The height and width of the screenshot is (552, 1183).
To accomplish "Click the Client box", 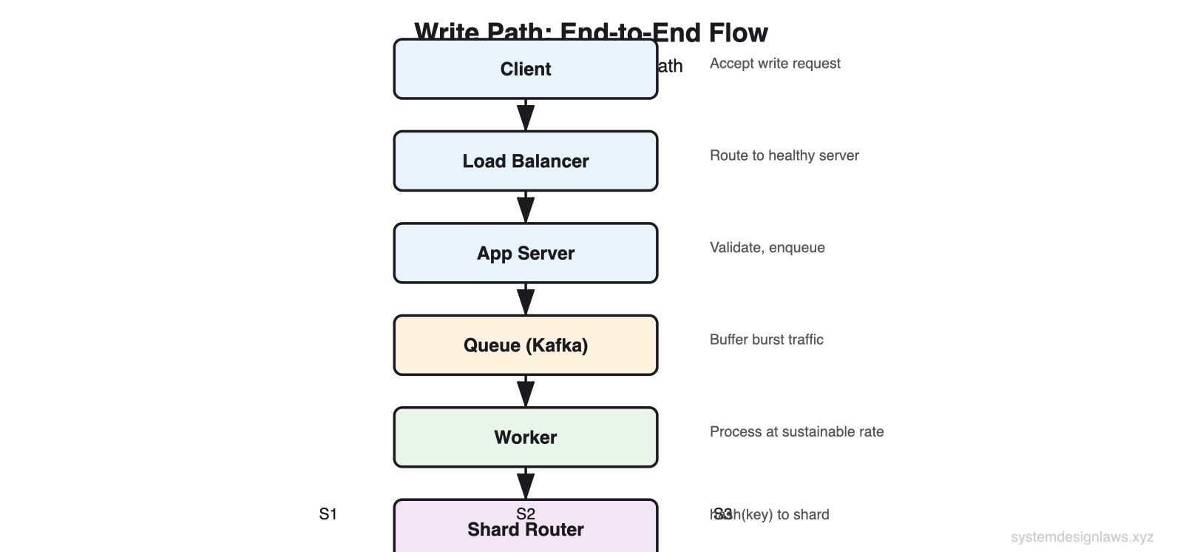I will pos(525,69).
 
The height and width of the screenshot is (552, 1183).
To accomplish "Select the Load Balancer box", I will pos(525,161).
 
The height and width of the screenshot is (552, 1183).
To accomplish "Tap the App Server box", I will pos(525,253).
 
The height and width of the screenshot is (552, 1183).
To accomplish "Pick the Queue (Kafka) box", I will pos(525,346).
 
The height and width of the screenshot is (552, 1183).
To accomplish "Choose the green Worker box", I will pos(525,437).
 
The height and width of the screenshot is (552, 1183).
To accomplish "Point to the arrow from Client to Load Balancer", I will pos(526,115).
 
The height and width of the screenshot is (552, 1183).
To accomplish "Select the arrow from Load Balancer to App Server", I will pos(526,207).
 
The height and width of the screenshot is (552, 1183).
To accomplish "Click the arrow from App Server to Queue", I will pos(526,300).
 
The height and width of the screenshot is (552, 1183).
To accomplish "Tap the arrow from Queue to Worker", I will pos(526,391).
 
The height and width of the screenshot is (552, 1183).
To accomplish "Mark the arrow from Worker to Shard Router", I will pos(526,483).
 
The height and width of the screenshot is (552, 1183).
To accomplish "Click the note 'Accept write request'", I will pos(775,64).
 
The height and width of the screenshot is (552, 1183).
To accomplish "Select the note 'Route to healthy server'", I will pos(784,155).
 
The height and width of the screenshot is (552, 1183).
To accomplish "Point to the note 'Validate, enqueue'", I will pos(767,248).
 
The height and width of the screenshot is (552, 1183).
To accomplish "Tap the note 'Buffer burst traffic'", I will pos(766,340).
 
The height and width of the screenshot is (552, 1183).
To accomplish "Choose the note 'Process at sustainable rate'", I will pos(796,432).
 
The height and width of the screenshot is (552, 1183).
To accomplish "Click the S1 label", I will pos(328,514).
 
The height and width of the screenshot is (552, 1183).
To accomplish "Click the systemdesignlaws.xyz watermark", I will pos(1082,537).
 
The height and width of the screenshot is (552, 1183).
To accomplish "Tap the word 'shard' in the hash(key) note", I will pos(811,515).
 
